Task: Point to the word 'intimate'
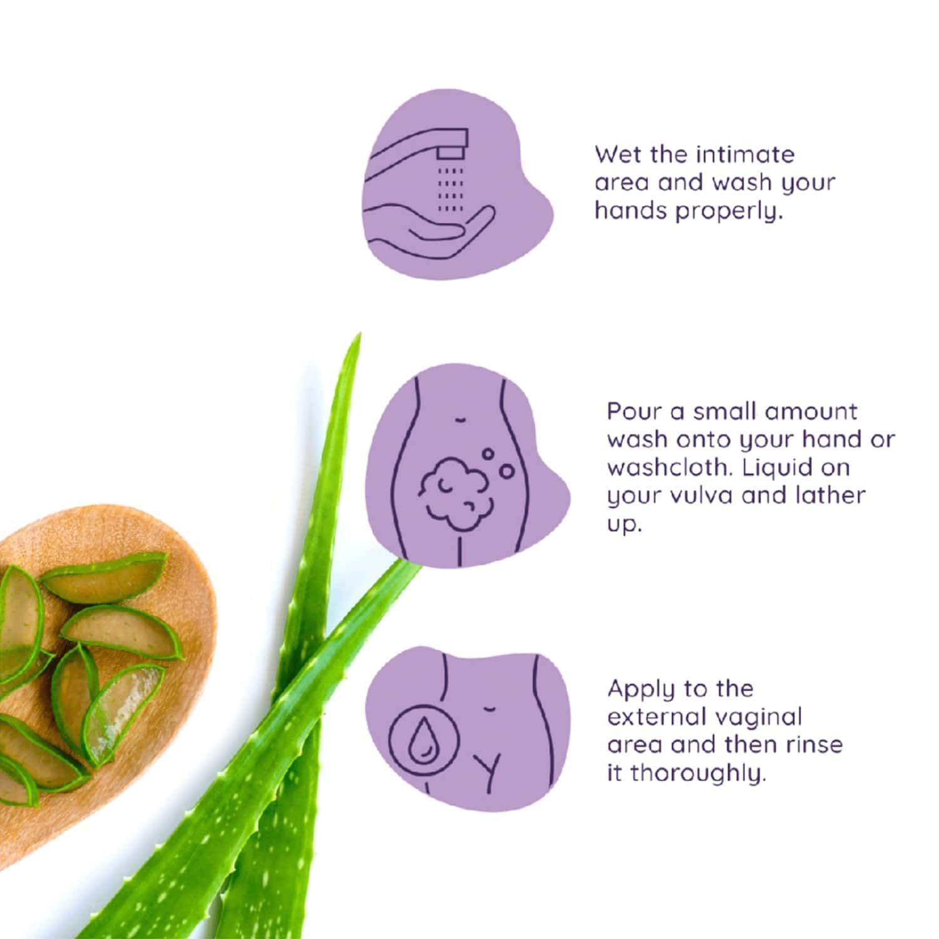point(745,154)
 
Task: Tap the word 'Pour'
point(632,411)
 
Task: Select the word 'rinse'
point(813,746)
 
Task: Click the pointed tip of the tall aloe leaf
point(359,334)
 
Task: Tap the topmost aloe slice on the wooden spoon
point(103,577)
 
